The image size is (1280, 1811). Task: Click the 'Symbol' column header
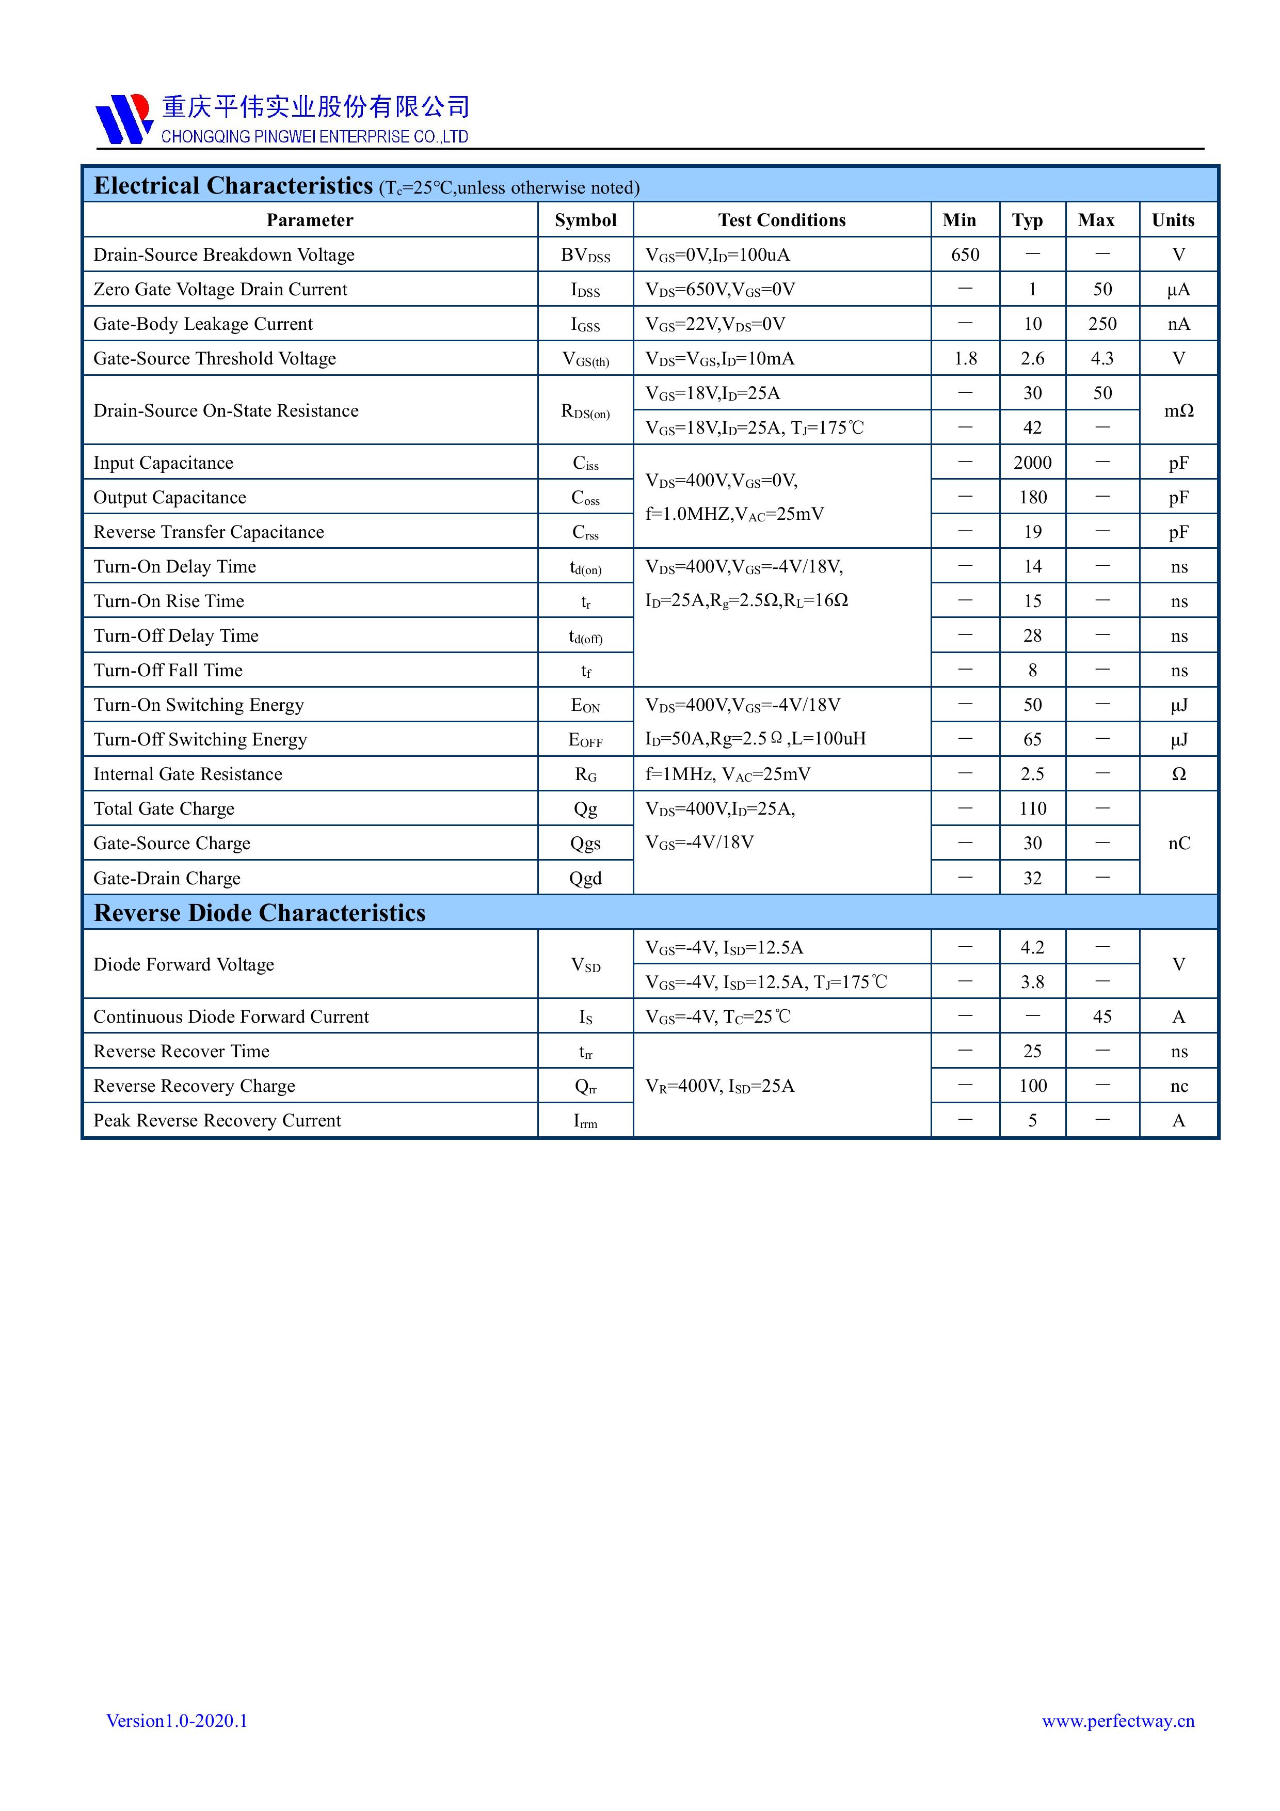pos(585,220)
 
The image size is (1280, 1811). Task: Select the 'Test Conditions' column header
pos(781,220)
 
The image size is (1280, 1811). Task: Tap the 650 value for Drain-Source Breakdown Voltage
pos(965,255)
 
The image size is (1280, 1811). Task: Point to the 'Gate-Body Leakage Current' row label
pos(203,324)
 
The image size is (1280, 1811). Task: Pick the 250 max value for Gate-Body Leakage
pos(1102,324)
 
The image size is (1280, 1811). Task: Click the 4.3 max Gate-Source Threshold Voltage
pos(1102,359)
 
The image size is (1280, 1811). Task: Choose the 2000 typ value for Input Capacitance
pos(1032,463)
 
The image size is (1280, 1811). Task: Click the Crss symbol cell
pos(585,532)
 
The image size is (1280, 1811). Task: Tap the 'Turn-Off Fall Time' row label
pos(168,671)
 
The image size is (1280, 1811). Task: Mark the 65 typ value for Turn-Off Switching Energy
pos(1032,740)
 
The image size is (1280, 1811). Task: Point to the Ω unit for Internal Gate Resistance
pos(1178,774)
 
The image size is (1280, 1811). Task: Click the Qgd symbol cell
pos(585,879)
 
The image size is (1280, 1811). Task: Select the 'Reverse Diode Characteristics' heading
pos(260,913)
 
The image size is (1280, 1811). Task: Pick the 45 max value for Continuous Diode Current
pos(1102,1016)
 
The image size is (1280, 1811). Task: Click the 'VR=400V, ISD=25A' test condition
pos(719,1086)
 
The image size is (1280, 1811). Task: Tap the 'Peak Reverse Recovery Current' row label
pos(217,1121)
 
